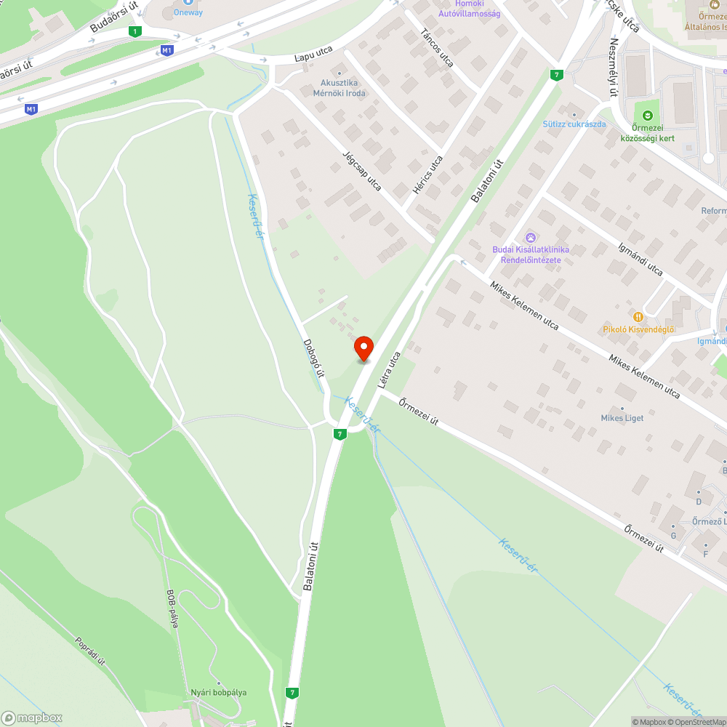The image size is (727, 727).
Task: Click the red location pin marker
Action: coord(363,348)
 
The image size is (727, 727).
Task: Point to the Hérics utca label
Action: coord(427,174)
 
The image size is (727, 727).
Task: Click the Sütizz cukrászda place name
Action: coord(574,124)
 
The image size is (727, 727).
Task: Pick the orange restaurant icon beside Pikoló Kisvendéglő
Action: coord(638,316)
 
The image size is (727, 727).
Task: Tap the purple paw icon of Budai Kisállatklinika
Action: coord(531,237)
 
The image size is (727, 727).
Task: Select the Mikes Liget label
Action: coord(622,418)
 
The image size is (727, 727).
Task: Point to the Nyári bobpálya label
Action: coord(218,692)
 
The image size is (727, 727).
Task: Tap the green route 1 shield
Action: coord(134,31)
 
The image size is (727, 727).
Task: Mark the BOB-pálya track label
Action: coord(172,608)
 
